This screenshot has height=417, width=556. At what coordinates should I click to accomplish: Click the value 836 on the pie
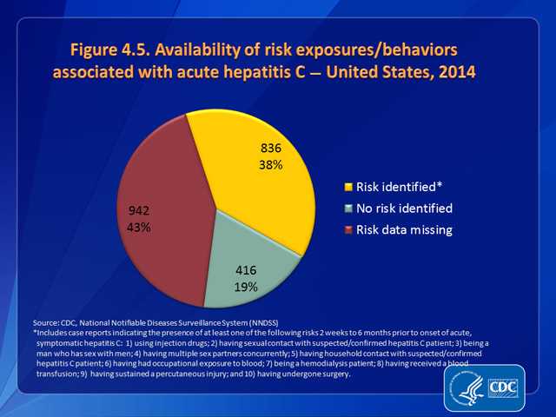(270, 148)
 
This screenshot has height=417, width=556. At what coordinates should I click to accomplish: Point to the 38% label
(270, 164)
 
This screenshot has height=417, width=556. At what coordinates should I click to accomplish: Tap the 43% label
(139, 227)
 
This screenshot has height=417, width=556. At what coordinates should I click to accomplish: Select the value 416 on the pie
(247, 269)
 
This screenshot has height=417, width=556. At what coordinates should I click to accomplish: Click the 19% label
(247, 286)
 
